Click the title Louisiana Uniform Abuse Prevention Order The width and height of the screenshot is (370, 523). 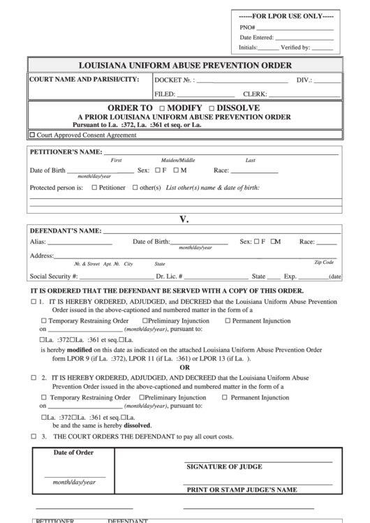(185, 65)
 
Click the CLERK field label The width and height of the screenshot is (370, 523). (255, 94)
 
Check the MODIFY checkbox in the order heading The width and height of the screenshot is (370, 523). (162, 109)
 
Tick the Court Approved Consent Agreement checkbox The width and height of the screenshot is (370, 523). (32, 135)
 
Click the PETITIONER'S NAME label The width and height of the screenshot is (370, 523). (66, 152)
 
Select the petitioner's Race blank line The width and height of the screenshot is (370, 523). (254, 170)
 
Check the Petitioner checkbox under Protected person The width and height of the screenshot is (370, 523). (94, 187)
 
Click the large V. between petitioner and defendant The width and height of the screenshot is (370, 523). (184, 219)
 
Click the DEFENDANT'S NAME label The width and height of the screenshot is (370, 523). (65, 230)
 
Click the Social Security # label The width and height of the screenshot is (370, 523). (54, 277)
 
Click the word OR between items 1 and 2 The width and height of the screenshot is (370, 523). (184, 367)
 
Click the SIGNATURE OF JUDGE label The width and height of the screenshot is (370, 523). (224, 466)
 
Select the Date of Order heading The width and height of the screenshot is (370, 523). (73, 452)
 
